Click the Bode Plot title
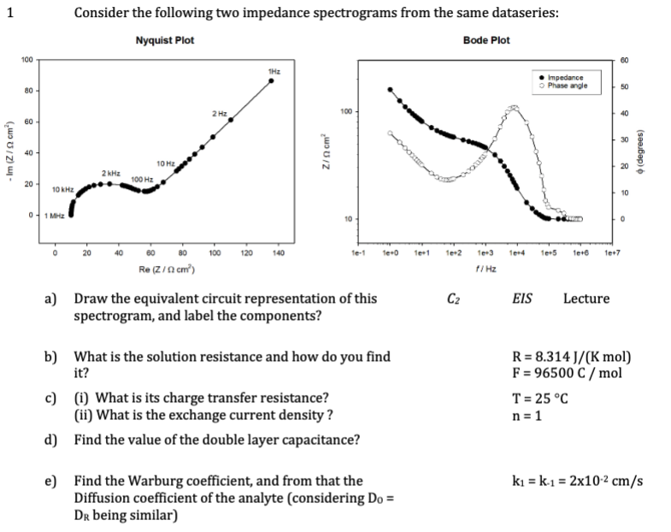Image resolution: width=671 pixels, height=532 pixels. (x=486, y=40)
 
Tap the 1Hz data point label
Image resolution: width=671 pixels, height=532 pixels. (x=270, y=70)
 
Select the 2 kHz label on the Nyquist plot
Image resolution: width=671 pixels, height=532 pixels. (x=109, y=174)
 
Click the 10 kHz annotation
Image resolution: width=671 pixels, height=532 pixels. (x=62, y=187)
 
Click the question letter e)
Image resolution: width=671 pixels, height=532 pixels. (x=52, y=481)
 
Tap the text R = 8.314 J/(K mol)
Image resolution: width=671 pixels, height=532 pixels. (x=570, y=358)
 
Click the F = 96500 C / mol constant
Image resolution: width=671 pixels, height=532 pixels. (x=567, y=373)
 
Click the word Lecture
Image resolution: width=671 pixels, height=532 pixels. (x=586, y=299)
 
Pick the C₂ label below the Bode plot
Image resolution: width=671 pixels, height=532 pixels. (x=454, y=299)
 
